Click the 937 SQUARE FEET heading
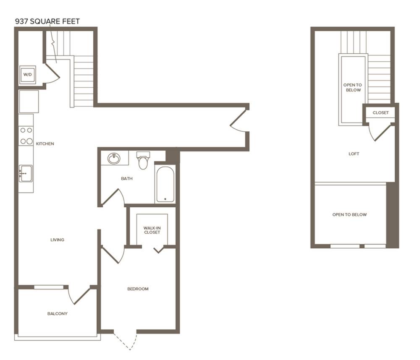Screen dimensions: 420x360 47,21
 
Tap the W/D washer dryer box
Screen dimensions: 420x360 28,75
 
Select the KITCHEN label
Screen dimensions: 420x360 45,144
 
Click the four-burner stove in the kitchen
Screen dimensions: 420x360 26,136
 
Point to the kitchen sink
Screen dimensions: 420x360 26,174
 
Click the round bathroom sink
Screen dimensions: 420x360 114,159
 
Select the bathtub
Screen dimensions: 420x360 165,185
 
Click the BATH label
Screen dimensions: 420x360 127,178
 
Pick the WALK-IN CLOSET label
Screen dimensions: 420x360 152,230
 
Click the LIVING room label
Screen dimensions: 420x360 57,240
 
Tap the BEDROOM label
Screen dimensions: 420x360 138,289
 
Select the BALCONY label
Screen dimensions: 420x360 57,314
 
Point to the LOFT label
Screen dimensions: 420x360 354,154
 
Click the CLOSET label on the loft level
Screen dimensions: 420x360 381,113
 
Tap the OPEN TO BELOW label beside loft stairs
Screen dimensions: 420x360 353,88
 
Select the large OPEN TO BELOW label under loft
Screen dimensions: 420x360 349,215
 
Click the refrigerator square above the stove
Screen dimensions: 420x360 29,102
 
